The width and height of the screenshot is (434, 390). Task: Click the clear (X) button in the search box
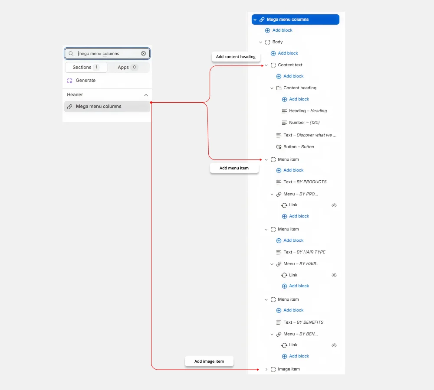coord(143,54)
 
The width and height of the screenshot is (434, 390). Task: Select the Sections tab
coord(86,67)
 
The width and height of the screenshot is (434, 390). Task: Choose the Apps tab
coord(127,67)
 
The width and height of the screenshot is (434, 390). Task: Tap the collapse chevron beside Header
coord(146,95)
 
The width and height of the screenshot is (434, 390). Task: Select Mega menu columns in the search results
coord(107,107)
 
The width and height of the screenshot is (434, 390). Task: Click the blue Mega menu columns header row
coord(295,19)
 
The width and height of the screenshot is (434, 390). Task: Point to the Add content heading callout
coord(236,57)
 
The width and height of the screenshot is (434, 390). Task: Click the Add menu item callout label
coord(234,168)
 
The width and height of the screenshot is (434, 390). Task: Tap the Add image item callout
coord(209,361)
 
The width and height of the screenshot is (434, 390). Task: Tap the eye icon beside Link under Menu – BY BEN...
coord(334,345)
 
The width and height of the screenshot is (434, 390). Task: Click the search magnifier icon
coord(71,54)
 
